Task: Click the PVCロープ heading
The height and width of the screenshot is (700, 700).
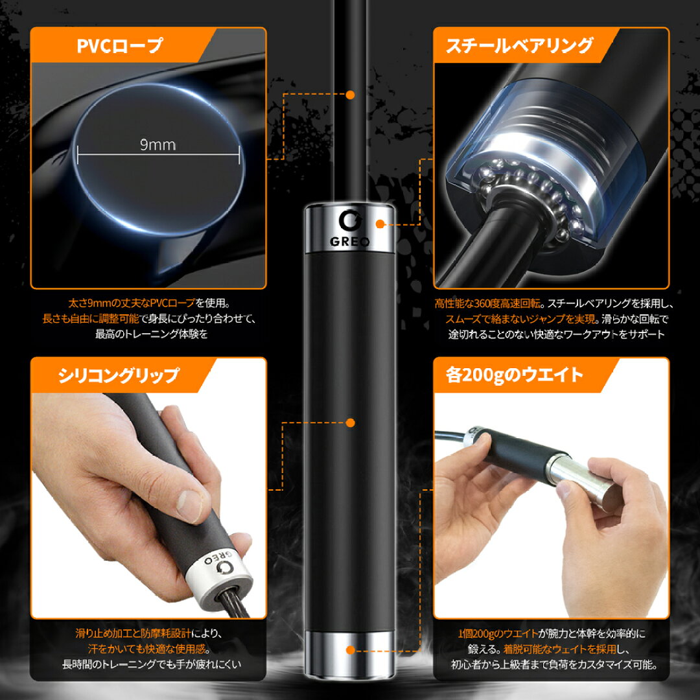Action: [120, 46]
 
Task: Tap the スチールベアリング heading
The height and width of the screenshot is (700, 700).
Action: [520, 46]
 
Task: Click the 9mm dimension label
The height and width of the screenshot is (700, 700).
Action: [157, 145]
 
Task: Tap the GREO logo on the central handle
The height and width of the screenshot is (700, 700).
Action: [349, 228]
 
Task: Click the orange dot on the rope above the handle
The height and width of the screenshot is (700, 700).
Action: [351, 95]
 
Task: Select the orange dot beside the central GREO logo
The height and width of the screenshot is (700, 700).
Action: [380, 224]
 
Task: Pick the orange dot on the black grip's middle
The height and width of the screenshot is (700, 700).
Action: [351, 423]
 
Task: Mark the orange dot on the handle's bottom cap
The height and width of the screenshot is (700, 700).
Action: [351, 650]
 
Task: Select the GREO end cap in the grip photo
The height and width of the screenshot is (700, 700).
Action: [218, 578]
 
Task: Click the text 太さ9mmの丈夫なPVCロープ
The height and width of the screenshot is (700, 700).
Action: [132, 303]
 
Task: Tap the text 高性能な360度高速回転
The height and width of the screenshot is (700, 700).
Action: [489, 304]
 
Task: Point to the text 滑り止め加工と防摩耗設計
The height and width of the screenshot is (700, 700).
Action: [134, 633]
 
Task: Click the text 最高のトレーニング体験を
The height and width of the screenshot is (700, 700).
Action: [151, 334]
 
